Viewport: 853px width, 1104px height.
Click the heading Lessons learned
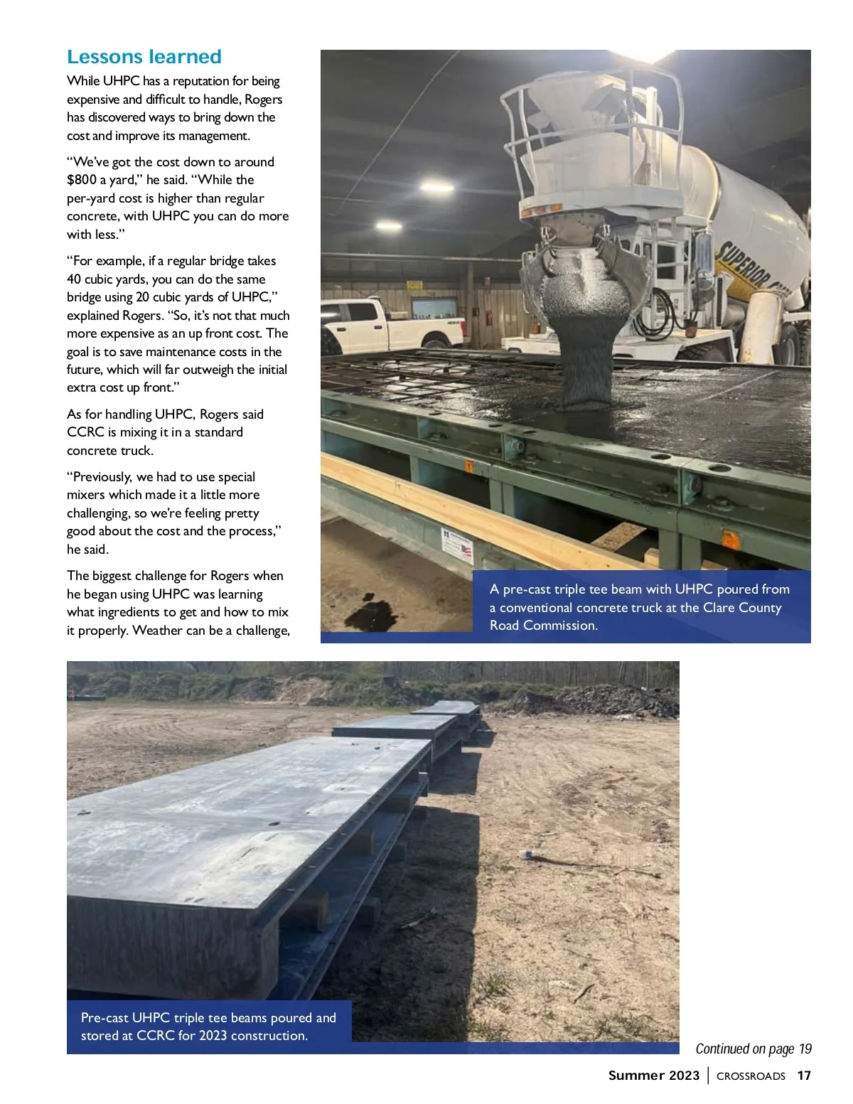point(144,57)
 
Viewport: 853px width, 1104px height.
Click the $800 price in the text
point(81,180)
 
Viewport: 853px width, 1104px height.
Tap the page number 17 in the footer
point(804,1076)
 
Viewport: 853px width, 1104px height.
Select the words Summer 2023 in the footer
point(654,1076)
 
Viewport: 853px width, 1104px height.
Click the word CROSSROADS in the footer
point(751,1076)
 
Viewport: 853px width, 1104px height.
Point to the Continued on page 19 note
point(753,1049)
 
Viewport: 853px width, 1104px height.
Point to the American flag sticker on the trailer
point(466,551)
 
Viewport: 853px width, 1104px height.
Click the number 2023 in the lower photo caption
point(214,1036)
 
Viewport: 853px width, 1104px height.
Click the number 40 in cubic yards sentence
point(75,279)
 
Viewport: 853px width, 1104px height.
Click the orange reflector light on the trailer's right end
point(730,540)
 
